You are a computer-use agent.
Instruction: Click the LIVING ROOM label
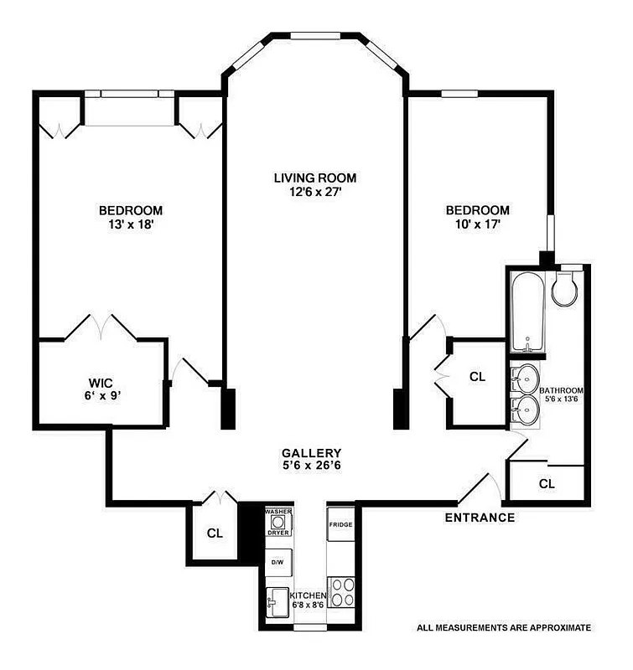coord(315,178)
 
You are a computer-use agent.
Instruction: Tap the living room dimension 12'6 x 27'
coord(315,192)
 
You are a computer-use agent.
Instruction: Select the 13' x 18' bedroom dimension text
coord(130,224)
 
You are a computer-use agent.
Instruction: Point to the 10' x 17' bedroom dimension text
coord(477,224)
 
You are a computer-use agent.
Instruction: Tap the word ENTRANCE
coord(480,517)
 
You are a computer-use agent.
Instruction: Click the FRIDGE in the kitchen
coord(341,525)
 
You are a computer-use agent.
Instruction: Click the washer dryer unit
coord(278,522)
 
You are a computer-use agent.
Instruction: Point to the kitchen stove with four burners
coord(341,591)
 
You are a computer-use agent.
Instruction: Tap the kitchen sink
coord(276,600)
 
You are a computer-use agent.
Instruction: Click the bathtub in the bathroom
coord(527,312)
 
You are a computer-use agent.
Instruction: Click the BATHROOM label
coord(561,390)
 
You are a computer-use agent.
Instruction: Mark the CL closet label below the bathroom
coord(547,483)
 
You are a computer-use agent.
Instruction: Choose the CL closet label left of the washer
coord(214,533)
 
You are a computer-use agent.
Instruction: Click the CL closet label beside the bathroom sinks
coord(477,377)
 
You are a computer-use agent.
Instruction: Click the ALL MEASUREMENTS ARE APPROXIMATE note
coord(504,626)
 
